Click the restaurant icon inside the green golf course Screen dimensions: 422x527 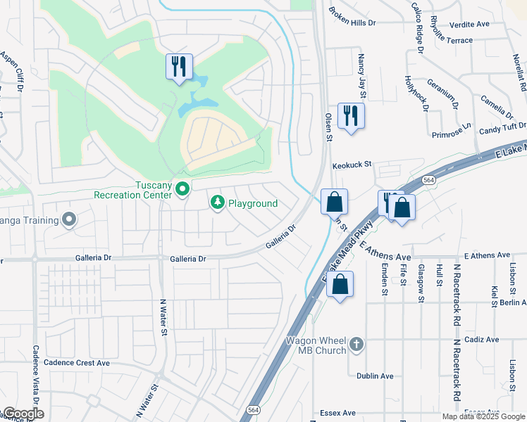click(x=178, y=67)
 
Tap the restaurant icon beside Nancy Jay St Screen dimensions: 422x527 click(x=351, y=115)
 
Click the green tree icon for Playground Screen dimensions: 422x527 click(x=218, y=203)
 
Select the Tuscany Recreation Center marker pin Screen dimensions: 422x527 click(x=182, y=189)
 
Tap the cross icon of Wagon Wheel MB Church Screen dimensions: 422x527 click(x=356, y=344)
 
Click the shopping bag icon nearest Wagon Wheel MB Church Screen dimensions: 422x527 click(x=340, y=284)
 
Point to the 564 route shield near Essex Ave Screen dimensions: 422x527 click(x=252, y=409)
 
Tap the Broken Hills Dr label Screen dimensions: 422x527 click(x=352, y=23)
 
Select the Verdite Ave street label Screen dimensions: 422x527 click(x=469, y=24)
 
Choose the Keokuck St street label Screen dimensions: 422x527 click(x=352, y=164)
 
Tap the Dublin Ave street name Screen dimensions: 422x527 click(x=374, y=376)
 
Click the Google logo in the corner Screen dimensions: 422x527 click(x=23, y=414)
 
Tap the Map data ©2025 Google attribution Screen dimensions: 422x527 click(x=483, y=416)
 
